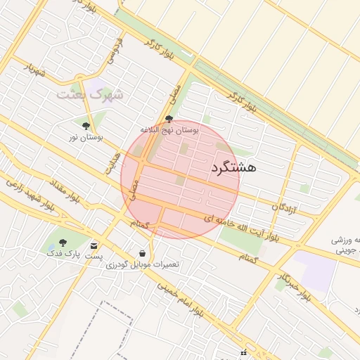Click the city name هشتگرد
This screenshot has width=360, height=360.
pos(233,167)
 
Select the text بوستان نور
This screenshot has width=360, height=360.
pos(86,138)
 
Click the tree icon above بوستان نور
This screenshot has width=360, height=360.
pos(86,126)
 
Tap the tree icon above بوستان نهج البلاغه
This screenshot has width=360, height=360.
pos(169,120)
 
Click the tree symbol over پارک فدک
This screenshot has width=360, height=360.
pos(63,243)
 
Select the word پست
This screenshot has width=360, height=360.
pos(94,257)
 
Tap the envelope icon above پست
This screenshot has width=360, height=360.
pos(94,246)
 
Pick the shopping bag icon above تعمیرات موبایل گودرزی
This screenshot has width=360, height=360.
pos(143,253)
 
